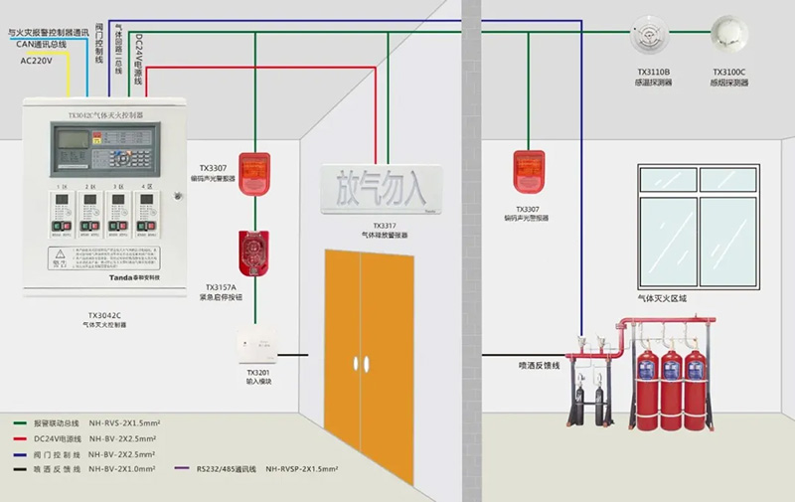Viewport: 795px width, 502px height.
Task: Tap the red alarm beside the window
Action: (527, 172)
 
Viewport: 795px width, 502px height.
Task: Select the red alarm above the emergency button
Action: (256, 169)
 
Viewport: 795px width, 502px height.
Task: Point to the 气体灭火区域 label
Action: (663, 298)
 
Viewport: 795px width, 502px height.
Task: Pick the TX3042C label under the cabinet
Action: (103, 316)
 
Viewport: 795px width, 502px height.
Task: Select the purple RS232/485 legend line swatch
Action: (182, 466)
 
